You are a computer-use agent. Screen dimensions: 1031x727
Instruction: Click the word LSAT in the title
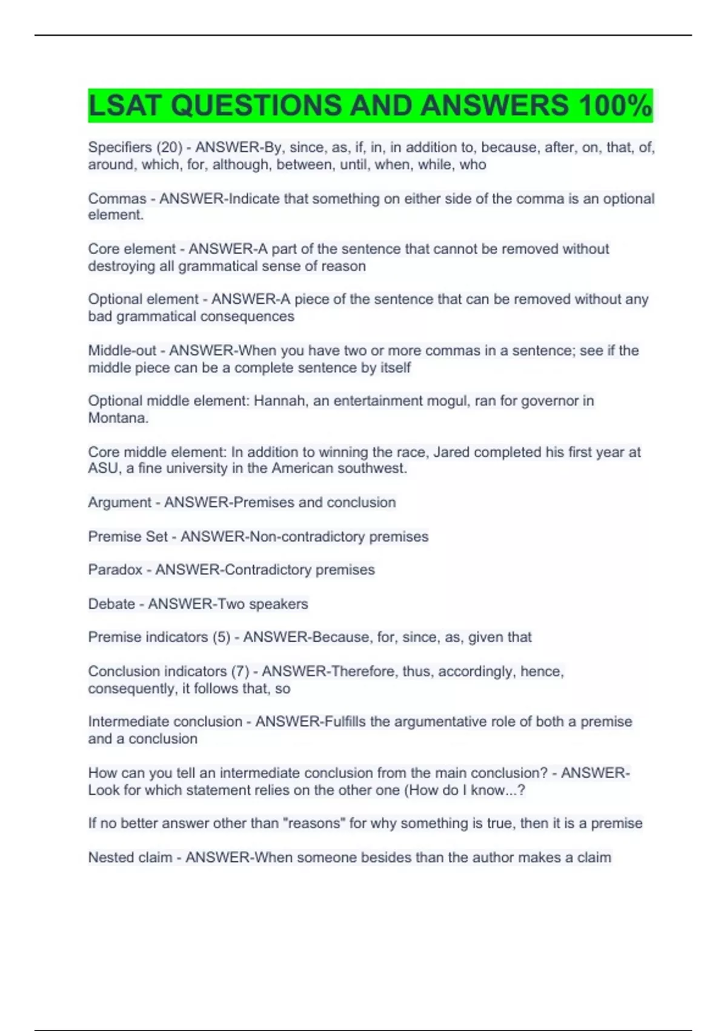pos(125,106)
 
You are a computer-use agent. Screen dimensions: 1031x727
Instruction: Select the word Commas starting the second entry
pos(117,198)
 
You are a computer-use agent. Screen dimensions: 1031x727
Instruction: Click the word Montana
pos(118,418)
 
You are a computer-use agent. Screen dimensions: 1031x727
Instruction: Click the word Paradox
pos(115,570)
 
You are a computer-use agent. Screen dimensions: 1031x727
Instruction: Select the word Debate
pos(111,604)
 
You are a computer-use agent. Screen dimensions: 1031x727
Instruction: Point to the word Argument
pos(119,502)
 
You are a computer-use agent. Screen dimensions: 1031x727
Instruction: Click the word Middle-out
pos(122,351)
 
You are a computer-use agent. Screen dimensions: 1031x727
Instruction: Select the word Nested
pos(108,858)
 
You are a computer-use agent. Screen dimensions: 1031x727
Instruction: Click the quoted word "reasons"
pos(314,824)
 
